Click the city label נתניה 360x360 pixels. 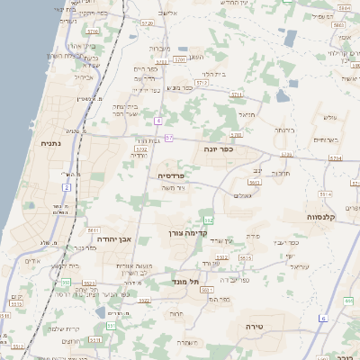point(50,142)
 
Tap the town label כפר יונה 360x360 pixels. point(219,148)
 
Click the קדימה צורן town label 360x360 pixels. point(187,232)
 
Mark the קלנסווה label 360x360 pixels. point(319,216)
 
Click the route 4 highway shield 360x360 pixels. point(158,120)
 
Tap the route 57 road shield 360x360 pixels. point(168,137)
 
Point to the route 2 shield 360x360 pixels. point(67,186)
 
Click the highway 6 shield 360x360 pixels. point(323,319)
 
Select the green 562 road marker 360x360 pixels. point(208,220)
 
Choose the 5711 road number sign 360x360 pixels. point(236,94)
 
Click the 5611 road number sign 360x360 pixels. point(93,231)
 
